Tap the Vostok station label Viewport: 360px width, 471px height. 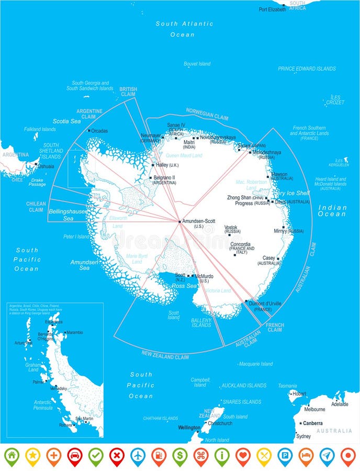231,228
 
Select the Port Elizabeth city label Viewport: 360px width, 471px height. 272,9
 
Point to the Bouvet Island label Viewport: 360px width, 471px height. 197,64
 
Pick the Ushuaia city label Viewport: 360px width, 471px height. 46,166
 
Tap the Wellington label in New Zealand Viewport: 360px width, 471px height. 189,428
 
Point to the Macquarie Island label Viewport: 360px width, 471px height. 256,364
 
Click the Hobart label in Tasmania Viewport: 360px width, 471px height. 299,394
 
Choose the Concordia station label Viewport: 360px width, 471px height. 240,244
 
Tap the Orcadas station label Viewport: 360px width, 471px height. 99,131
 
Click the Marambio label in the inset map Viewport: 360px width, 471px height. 74,332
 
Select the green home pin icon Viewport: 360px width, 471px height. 12,456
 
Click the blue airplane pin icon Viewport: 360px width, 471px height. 138,456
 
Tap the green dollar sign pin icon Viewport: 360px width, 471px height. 179,456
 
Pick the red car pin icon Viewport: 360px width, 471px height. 74,456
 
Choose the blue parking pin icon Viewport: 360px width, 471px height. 285,456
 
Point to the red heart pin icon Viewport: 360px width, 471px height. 242,456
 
